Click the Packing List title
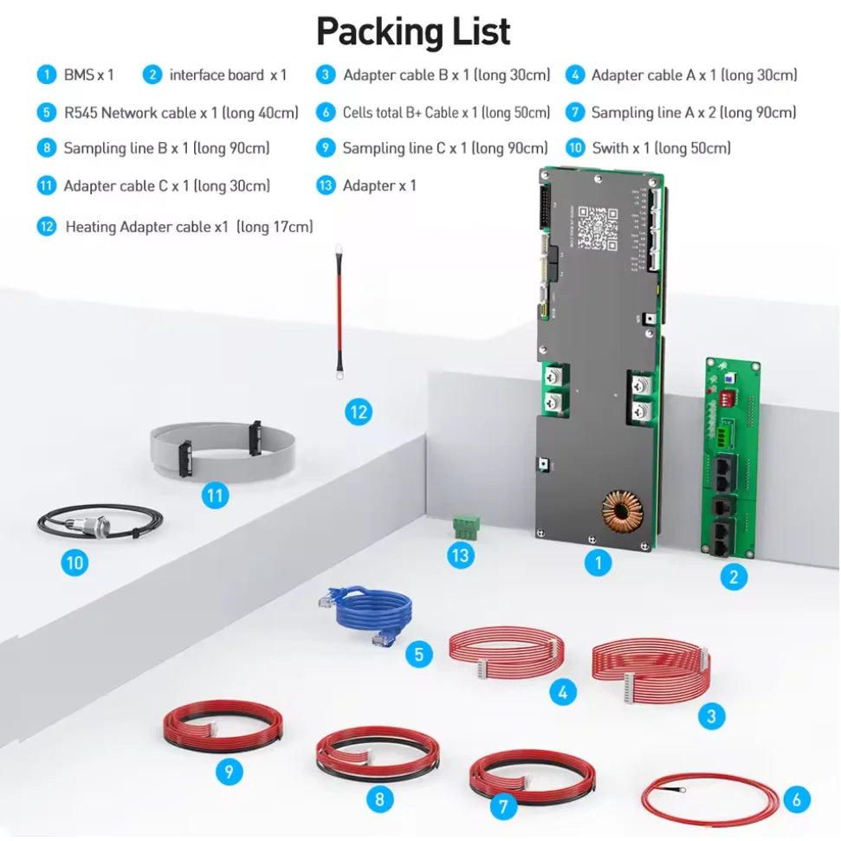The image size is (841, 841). click(x=413, y=31)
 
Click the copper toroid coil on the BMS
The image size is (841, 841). click(x=619, y=512)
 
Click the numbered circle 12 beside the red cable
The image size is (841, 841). click(x=358, y=412)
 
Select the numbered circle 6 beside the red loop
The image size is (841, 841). click(x=796, y=799)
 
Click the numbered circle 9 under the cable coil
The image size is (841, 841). click(x=229, y=771)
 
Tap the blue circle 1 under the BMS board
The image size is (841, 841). click(x=597, y=563)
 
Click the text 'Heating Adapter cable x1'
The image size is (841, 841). click(x=147, y=227)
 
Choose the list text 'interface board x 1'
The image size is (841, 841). click(x=228, y=75)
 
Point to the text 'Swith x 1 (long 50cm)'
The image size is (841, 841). click(x=661, y=148)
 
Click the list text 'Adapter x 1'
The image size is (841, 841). click(x=379, y=185)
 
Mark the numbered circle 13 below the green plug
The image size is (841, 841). click(x=460, y=554)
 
